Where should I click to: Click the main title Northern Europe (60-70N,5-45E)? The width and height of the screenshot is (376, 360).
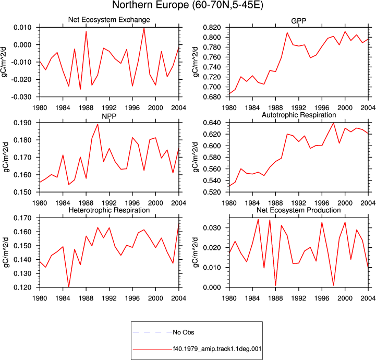click(188, 5)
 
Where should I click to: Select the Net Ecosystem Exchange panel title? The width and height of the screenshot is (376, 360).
click(109, 20)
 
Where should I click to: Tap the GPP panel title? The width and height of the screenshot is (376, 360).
click(298, 21)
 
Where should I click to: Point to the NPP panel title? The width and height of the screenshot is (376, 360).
click(109, 116)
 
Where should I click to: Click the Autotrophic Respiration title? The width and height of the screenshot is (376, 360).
click(299, 115)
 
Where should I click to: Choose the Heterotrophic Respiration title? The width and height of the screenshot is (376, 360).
click(109, 210)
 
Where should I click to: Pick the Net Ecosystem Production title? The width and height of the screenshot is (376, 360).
click(299, 210)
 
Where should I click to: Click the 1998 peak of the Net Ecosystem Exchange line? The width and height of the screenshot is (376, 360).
click(144, 29)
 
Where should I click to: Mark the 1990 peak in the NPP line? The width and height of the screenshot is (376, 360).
click(98, 124)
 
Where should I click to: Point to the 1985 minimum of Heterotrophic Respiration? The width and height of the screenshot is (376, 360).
click(69, 286)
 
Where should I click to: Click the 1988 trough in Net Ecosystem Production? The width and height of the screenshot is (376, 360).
click(275, 285)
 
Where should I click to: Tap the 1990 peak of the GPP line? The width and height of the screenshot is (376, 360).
click(287, 33)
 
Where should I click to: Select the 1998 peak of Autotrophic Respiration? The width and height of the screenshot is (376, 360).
click(333, 123)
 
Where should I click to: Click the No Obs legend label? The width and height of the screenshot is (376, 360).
click(184, 332)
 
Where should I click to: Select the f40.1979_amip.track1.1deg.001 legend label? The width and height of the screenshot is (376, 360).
click(217, 349)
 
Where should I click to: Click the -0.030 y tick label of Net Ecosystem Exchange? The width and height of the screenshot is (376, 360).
click(21, 97)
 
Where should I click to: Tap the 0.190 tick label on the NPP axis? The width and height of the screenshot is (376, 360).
click(22, 123)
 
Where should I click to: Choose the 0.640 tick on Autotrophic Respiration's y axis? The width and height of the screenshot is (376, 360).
click(212, 123)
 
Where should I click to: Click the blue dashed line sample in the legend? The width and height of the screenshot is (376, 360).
click(152, 332)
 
